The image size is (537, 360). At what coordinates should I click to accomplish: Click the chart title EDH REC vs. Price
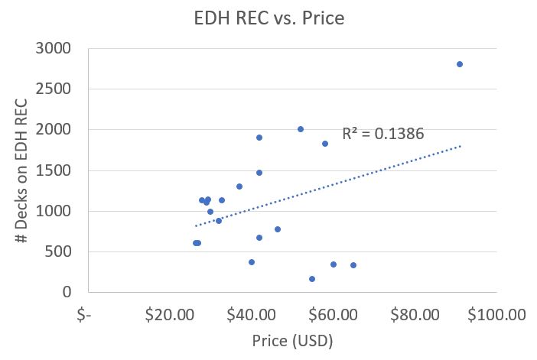(268, 17)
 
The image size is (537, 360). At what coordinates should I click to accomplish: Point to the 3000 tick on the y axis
(54, 49)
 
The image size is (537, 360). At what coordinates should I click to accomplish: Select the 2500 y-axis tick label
(54, 89)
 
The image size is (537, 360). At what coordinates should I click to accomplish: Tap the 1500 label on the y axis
(54, 170)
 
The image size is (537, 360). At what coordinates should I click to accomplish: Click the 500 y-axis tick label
(59, 251)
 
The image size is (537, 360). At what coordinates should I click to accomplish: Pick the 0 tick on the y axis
(68, 292)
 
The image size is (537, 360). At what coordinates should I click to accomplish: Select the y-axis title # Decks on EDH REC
(22, 170)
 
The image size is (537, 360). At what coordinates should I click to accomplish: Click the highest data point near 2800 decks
(460, 64)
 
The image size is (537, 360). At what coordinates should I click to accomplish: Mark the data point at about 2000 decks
(301, 129)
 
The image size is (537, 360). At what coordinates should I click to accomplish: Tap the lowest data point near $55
(312, 279)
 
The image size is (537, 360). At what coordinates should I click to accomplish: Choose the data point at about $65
(353, 265)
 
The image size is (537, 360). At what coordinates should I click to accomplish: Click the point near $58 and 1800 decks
(325, 144)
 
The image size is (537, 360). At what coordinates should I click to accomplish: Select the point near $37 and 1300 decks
(239, 186)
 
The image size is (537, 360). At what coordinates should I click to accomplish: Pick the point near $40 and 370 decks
(252, 262)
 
